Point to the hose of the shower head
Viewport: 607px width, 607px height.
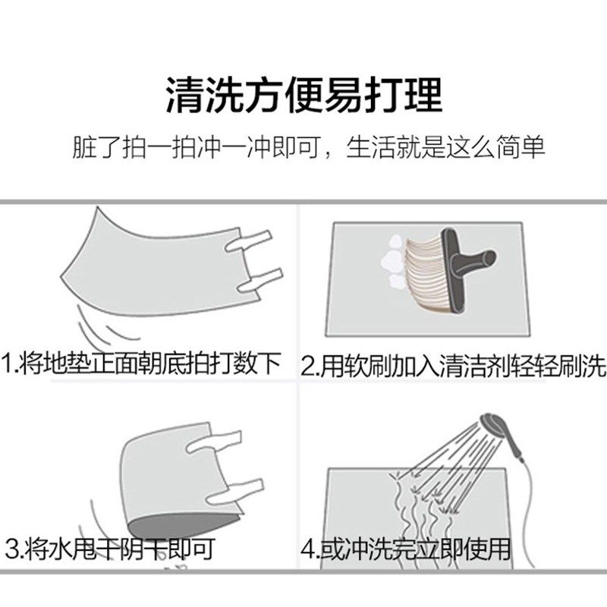(524, 486)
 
